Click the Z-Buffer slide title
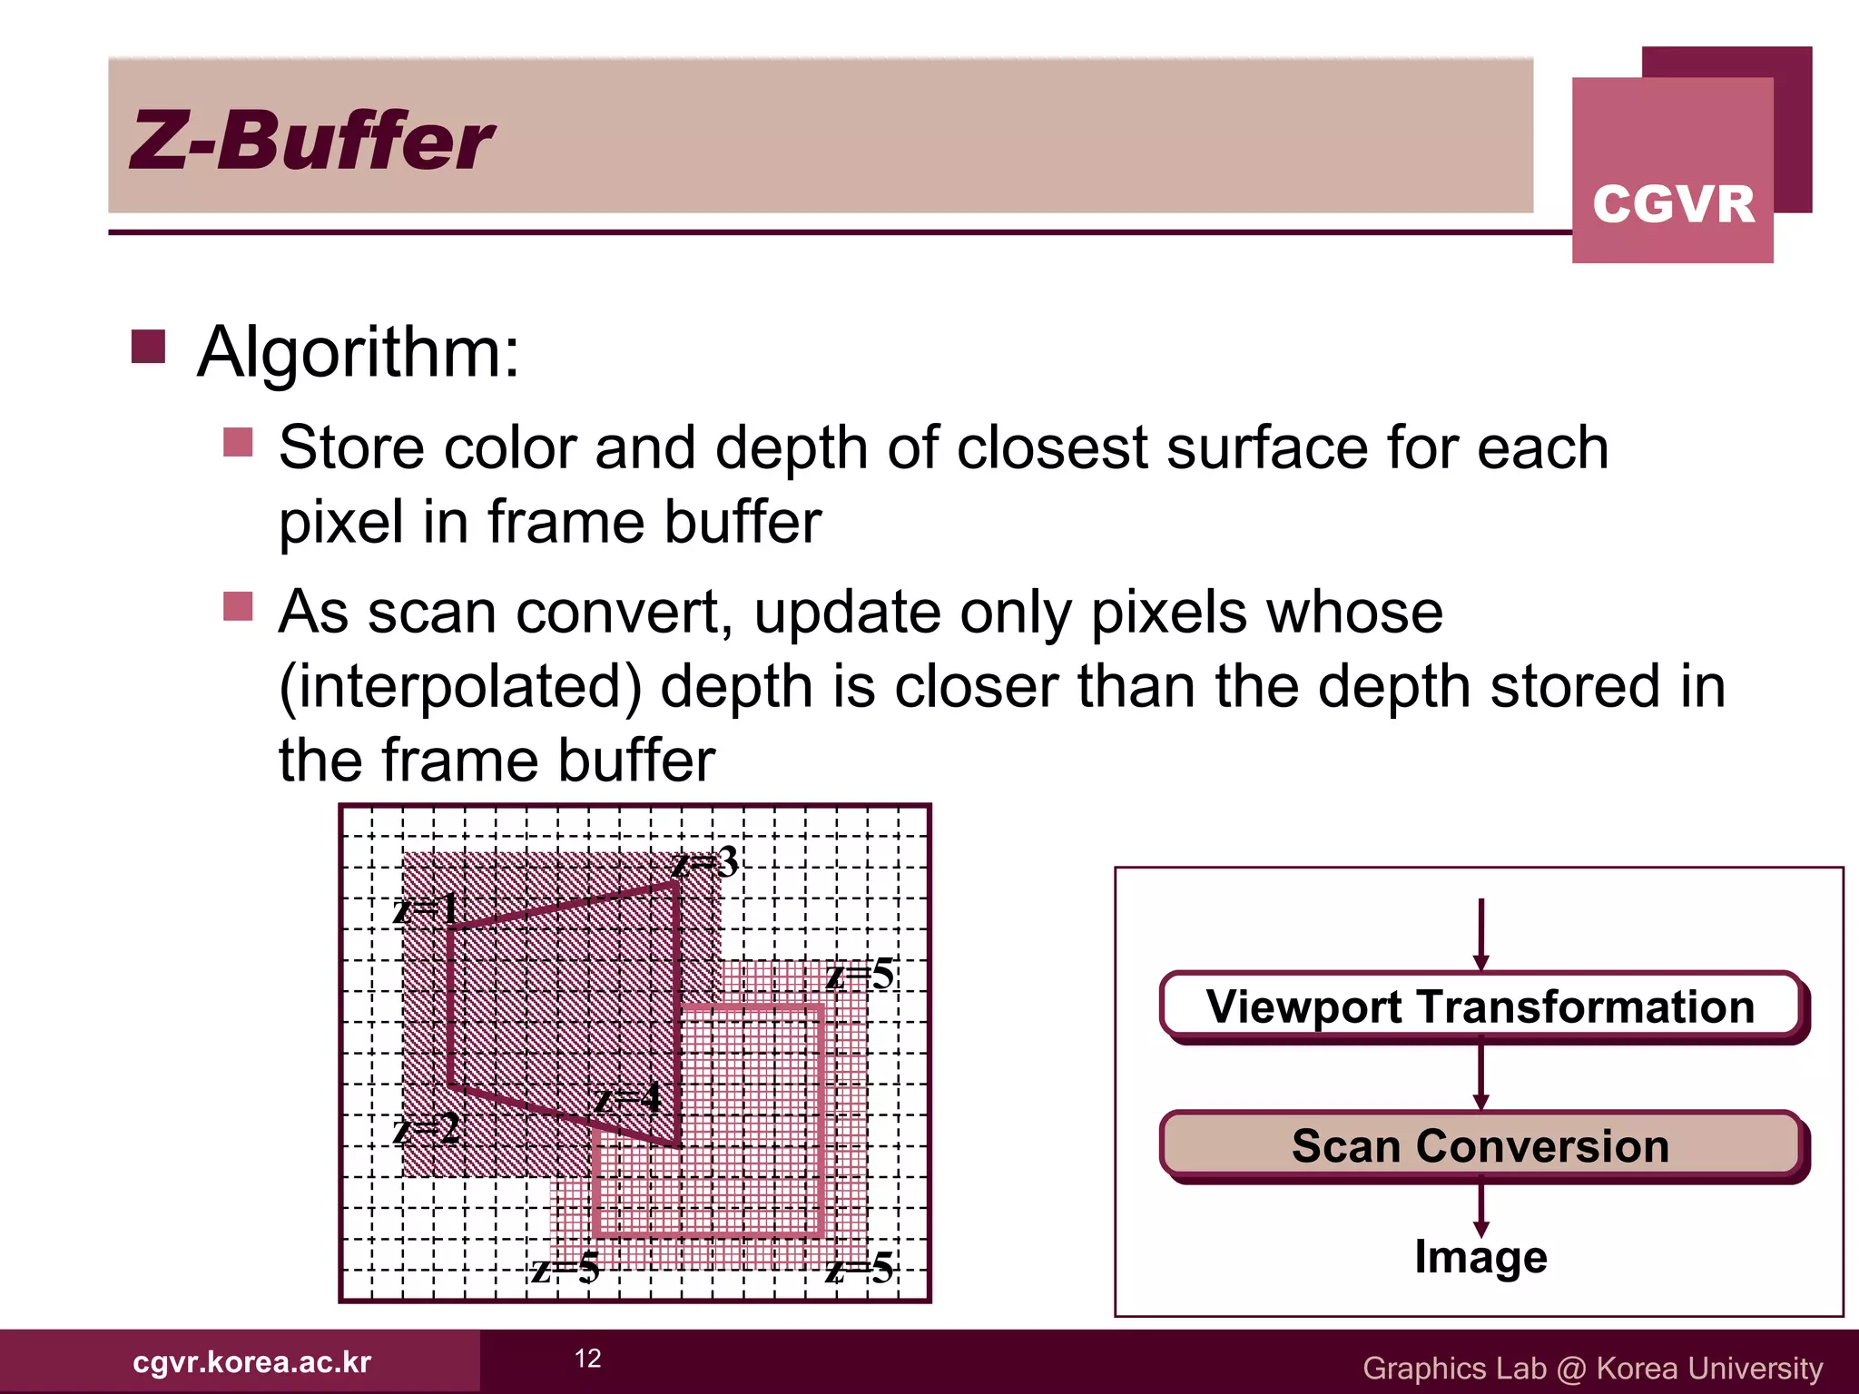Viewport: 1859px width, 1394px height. [311, 141]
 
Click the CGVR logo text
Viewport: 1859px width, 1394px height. [1673, 203]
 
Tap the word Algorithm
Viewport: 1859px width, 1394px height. [359, 352]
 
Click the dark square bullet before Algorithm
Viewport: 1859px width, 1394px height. [148, 347]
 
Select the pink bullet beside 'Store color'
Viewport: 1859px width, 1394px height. [238, 443]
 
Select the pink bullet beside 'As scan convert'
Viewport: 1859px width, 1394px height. [238, 606]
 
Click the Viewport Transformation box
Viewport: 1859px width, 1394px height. [1480, 1006]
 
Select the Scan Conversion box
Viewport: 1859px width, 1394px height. [1480, 1145]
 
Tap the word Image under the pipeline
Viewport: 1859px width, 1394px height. [1480, 1258]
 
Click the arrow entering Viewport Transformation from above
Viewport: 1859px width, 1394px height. [1481, 935]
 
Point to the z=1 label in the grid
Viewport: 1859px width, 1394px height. [425, 908]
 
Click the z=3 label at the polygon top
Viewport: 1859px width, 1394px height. [705, 862]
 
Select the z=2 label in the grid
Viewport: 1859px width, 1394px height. [425, 1130]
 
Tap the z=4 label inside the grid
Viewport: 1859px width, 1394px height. [627, 1099]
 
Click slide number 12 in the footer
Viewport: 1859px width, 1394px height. [588, 1359]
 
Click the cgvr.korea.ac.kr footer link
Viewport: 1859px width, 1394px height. [251, 1362]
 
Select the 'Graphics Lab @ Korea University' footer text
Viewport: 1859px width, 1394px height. [1592, 1368]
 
